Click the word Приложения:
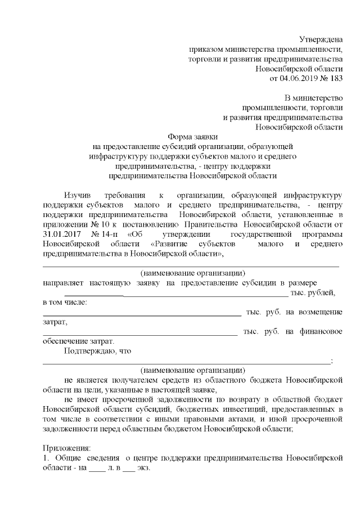coord(66,448)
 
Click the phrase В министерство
coord(314,98)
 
